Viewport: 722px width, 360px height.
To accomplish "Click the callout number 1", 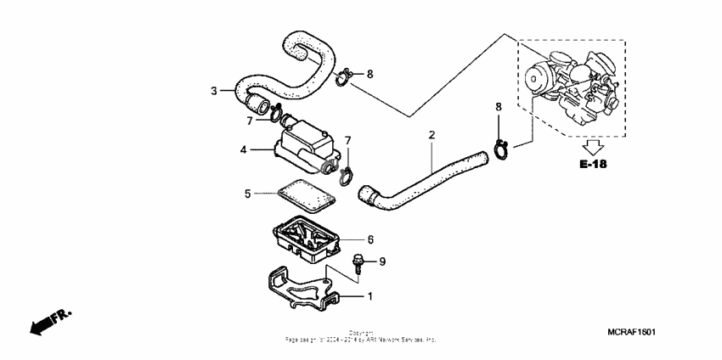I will pos(369,297).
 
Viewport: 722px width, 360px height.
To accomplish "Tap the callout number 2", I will pos(432,135).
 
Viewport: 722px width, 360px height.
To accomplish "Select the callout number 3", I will pos(214,91).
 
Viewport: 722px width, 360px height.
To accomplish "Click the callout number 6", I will pos(370,240).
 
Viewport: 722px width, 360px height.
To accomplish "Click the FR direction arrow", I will pos(49,323).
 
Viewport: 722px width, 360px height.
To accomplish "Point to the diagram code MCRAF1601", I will pos(631,333).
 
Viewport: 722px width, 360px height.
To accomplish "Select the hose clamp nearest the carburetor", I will pos(501,150).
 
